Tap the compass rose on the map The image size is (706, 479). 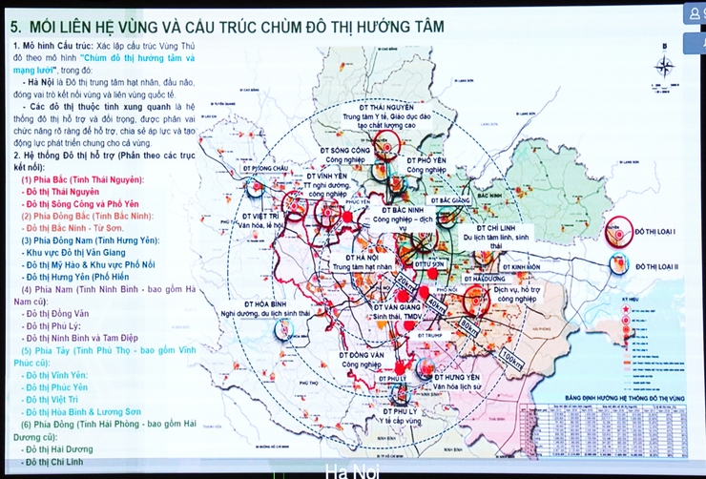pos(665,68)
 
